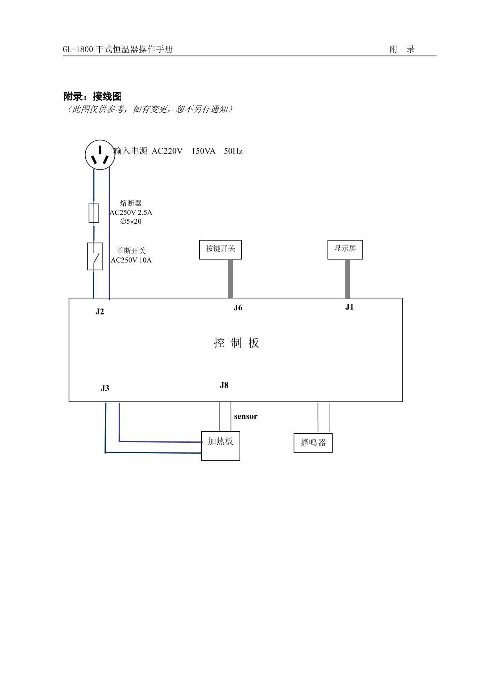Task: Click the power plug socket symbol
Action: tap(100, 155)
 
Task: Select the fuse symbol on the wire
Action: tap(94, 213)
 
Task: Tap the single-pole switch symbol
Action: tap(95, 256)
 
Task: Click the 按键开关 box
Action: tap(220, 250)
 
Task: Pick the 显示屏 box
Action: tap(345, 250)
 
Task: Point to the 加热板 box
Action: tap(220, 446)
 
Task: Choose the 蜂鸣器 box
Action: tap(313, 443)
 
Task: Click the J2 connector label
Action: tap(100, 312)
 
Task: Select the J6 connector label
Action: tap(238, 308)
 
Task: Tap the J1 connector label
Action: tap(350, 308)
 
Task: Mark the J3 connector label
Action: tap(105, 388)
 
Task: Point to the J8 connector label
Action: tap(224, 385)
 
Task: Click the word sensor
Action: tap(245, 417)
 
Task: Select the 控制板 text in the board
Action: tap(236, 343)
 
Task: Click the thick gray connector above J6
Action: tap(230, 279)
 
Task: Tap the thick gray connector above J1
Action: tap(347, 279)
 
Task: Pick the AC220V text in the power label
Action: tap(167, 152)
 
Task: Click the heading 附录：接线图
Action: tap(92, 97)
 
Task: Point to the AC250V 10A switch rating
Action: tap(131, 261)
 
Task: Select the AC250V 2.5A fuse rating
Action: tap(131, 213)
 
